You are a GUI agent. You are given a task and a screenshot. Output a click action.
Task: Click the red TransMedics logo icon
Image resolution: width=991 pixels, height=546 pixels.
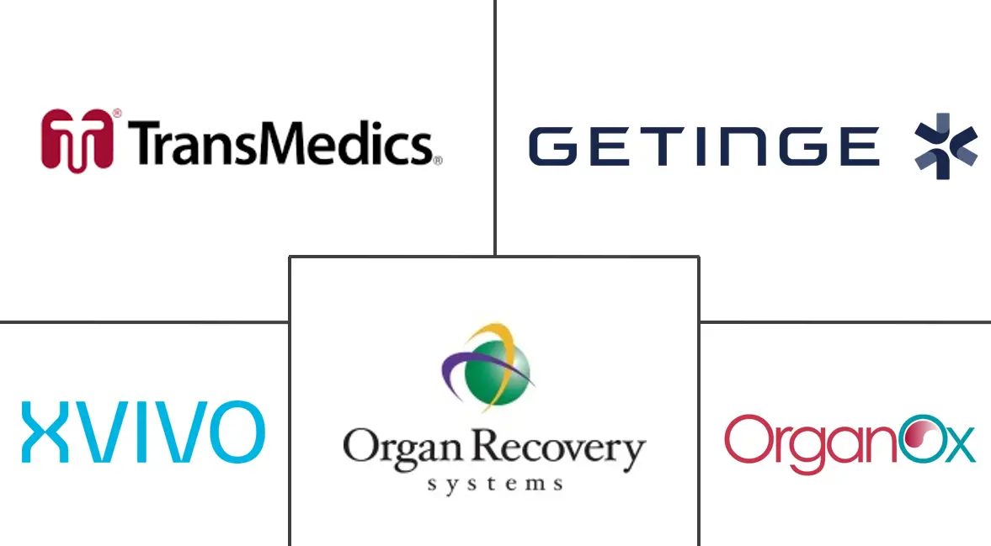click(77, 140)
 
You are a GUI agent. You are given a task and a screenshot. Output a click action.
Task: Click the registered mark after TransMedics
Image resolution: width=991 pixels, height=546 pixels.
click(437, 159)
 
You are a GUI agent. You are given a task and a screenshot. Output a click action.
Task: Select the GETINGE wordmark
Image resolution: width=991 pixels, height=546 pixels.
click(704, 146)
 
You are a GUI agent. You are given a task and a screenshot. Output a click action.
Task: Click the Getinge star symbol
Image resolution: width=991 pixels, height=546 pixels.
click(946, 146)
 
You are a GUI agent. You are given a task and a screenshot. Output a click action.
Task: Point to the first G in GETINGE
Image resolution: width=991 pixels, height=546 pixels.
click(551, 146)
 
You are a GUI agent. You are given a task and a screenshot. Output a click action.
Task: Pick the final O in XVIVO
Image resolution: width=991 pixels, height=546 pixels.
click(236, 432)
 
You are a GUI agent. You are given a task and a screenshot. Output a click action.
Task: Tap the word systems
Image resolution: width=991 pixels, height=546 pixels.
click(494, 484)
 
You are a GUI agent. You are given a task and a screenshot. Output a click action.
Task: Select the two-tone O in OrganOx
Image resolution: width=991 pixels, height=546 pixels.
click(912, 440)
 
